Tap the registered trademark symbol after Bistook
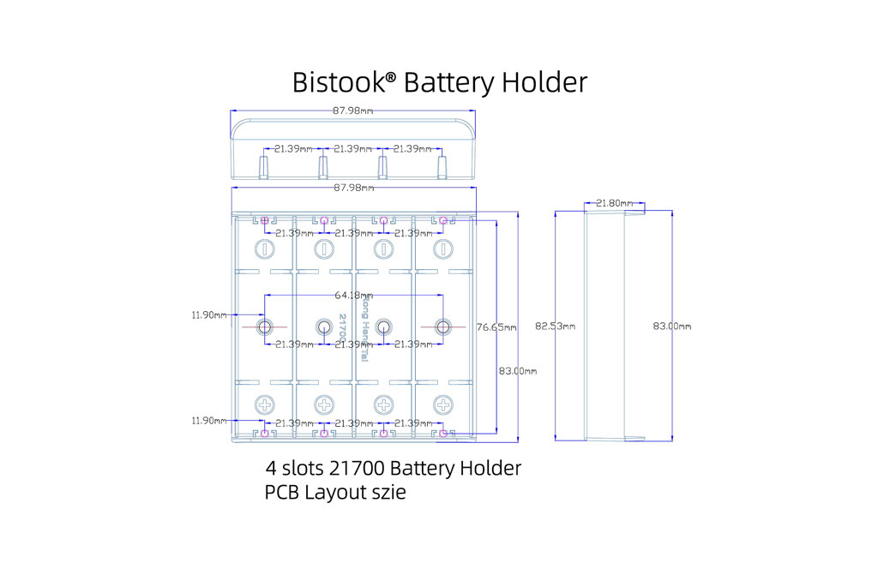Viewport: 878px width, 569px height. click(390, 77)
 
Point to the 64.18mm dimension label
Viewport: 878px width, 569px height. click(352, 295)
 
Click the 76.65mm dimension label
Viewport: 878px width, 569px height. click(496, 326)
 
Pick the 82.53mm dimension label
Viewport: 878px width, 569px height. click(555, 326)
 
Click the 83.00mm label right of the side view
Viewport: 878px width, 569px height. click(671, 326)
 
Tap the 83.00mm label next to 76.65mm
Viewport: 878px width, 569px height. click(518, 371)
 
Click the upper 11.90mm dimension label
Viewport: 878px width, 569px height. click(209, 314)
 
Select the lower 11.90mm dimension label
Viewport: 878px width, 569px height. click(209, 421)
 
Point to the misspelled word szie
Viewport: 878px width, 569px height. click(386, 493)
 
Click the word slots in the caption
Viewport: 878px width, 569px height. click(306, 469)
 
